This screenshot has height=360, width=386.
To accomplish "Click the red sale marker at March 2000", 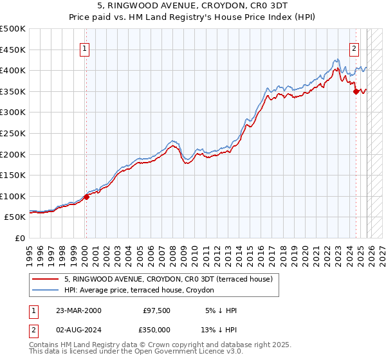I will [x=86, y=197].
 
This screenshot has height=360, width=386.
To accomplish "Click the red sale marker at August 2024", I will [x=356, y=92].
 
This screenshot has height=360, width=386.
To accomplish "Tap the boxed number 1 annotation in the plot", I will [x=86, y=47].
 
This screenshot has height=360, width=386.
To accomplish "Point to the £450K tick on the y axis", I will [x=13, y=50].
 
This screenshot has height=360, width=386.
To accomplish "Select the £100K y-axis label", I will [x=13, y=196].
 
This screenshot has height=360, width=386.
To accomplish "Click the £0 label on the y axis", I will [x=19, y=238].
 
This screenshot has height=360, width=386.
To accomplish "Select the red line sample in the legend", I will [x=46, y=279].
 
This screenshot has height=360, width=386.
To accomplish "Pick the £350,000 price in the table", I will [x=158, y=332].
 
